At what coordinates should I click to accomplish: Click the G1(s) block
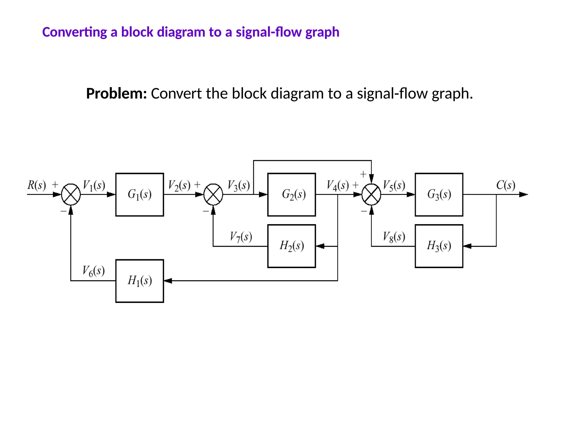pos(140,194)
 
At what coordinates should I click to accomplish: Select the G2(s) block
pos(292,194)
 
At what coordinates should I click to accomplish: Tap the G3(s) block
pos(439,194)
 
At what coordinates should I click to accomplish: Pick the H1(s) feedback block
pos(140,281)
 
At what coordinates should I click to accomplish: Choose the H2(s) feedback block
pos(292,246)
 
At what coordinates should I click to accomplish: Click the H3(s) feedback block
pos(439,246)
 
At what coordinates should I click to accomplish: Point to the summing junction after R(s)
pos(71,194)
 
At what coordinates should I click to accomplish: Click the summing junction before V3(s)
pos(213,194)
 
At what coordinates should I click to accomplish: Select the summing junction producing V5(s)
pos(371,194)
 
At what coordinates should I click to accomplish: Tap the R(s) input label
pos(37,185)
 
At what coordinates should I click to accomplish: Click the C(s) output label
pos(506,185)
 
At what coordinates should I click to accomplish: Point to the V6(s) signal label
pos(94,271)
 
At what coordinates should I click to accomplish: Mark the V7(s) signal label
pos(241,237)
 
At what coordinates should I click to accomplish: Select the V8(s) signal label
pos(394,237)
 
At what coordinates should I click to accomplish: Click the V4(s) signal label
pos(338,185)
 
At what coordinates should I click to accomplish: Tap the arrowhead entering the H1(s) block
pos(168,281)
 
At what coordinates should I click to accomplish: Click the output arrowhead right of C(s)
pos(524,194)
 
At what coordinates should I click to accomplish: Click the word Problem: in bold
pos(116,93)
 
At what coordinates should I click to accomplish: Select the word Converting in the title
pos(75,32)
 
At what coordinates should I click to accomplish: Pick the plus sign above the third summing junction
pos(363,174)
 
